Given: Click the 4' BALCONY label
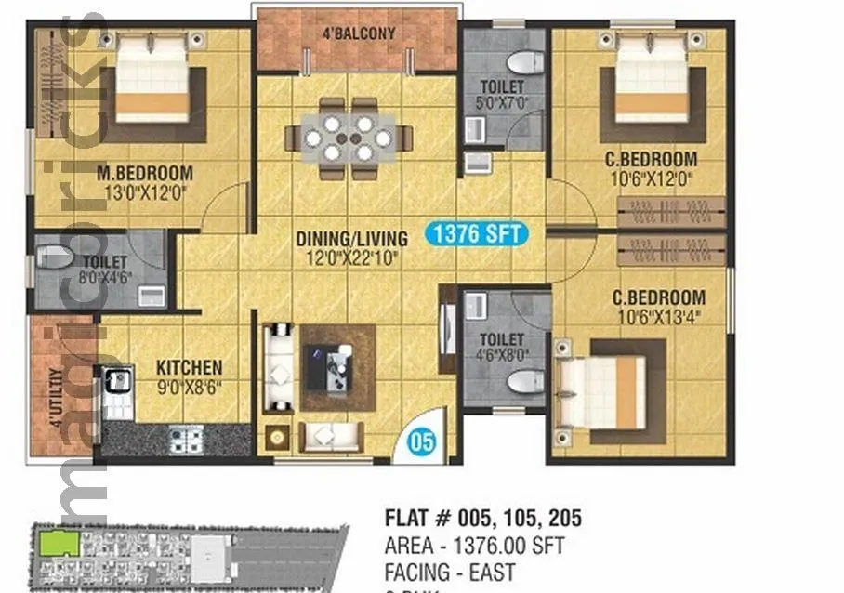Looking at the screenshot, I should coord(359,33).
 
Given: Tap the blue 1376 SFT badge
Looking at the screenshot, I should coord(476,234).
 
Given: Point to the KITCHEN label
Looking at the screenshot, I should coord(189,367).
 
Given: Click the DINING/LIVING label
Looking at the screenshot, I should coord(352,238).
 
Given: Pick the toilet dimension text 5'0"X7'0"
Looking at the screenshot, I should coord(502,104).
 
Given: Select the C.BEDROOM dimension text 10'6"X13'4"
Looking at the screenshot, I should coord(657,315).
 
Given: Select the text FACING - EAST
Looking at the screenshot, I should coord(450,572).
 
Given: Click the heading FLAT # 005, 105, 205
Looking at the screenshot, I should coord(482,519).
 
